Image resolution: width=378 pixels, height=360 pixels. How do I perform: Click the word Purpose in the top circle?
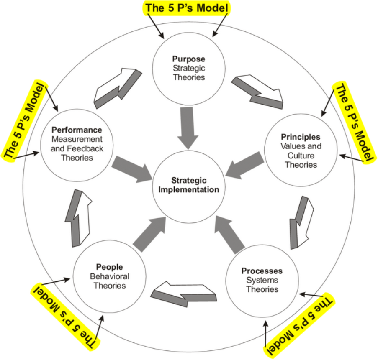pyautogui.click(x=189, y=59)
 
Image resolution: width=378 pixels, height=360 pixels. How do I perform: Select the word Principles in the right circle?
pyautogui.click(x=301, y=137)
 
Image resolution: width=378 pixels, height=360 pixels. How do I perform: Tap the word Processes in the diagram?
pyautogui.click(x=262, y=271)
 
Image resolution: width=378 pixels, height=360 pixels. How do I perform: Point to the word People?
pyautogui.click(x=109, y=267)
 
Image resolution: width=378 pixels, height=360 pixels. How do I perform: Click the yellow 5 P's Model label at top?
pyautogui.click(x=187, y=8)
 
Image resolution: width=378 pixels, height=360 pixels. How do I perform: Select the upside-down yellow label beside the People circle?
pyautogui.click(x=67, y=310)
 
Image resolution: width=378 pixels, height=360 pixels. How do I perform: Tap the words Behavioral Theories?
pyautogui.click(x=109, y=281)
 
